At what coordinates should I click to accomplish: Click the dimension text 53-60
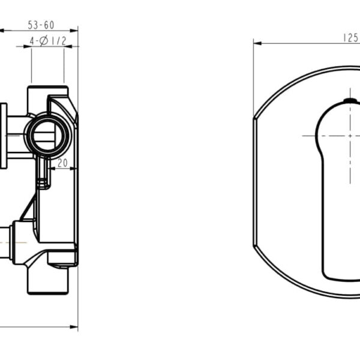tap(41, 25)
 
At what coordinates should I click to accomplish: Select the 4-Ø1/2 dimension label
tap(48, 41)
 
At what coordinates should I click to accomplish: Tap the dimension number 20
tap(62, 163)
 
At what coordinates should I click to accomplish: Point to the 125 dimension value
tap(350, 37)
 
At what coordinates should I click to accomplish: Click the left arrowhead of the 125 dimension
tap(256, 43)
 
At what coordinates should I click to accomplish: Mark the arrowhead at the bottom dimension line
tap(75, 328)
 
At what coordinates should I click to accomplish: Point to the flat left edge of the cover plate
tap(254, 180)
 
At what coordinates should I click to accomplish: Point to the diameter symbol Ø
tap(43, 41)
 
